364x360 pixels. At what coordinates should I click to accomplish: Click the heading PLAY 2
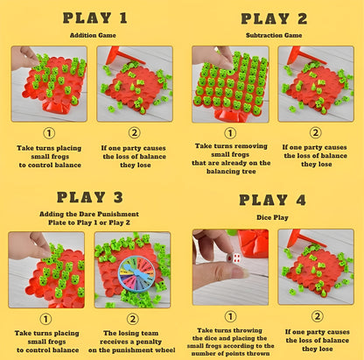[x=274, y=18]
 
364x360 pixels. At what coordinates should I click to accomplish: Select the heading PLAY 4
[x=274, y=200]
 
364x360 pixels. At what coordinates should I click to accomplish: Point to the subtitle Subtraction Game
[x=274, y=35]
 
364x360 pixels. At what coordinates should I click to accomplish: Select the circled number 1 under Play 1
[x=48, y=134]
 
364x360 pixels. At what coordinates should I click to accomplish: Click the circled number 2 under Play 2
[x=316, y=134]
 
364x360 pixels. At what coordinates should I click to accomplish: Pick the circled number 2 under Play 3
[x=134, y=319]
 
